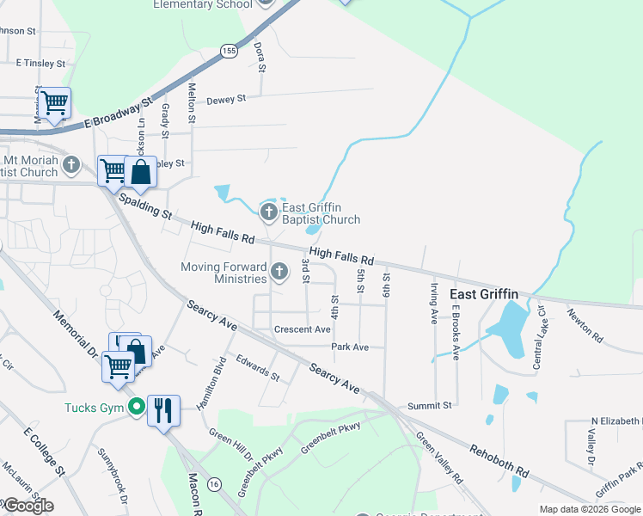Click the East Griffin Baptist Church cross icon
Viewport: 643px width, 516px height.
coord(269,211)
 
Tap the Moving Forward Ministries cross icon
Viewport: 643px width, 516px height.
coord(279,273)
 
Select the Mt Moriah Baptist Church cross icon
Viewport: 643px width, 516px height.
coord(71,163)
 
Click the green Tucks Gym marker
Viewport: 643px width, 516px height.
coord(135,407)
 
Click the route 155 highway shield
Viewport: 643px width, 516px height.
coord(228,52)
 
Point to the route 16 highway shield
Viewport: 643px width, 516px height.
coord(213,485)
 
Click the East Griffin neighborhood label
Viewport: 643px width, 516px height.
coord(484,294)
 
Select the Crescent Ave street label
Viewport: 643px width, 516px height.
coord(302,329)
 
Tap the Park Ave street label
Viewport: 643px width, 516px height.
coord(350,347)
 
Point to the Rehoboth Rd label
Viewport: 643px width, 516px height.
coord(499,461)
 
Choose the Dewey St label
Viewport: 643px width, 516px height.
coord(229,99)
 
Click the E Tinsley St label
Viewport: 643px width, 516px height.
coord(40,64)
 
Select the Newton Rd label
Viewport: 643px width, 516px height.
coord(585,327)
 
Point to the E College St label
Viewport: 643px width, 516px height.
coord(45,451)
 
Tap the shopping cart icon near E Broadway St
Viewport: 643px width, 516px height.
coord(54,103)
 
